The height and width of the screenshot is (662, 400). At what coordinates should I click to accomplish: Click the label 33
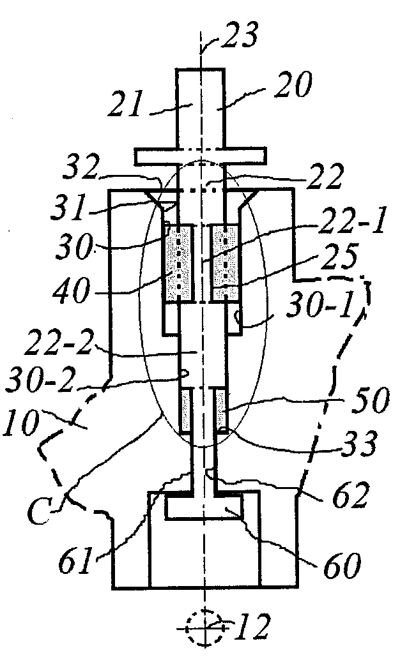coord(359,442)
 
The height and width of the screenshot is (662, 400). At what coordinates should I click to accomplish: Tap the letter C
coord(41,509)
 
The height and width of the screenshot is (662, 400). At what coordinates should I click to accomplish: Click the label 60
coord(342,564)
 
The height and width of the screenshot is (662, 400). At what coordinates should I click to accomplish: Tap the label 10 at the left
coord(20,423)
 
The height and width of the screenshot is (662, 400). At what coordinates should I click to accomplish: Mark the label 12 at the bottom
coord(253,627)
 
